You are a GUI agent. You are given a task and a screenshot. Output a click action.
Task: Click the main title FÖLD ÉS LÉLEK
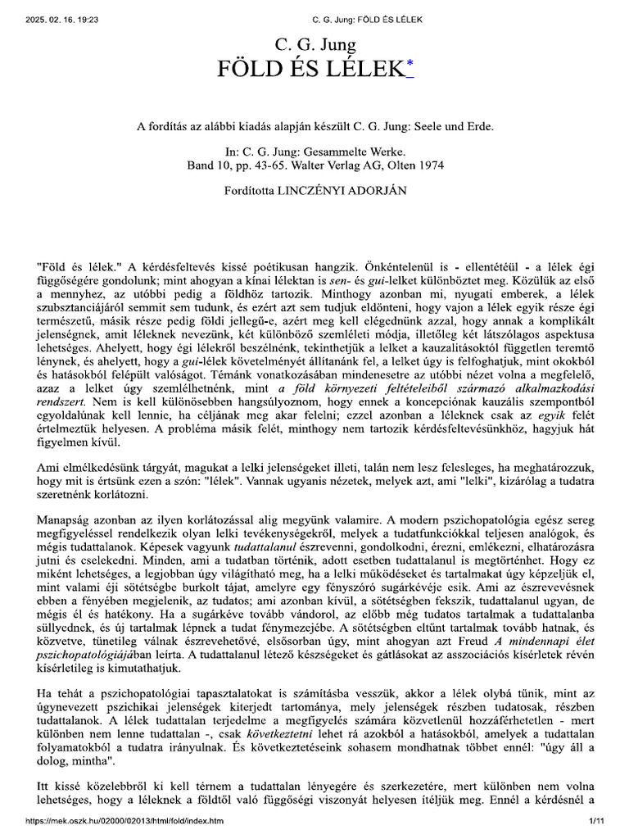[309, 67]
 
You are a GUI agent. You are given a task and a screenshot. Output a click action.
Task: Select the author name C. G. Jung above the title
[315, 40]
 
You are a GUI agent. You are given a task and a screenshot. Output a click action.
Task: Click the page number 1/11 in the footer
[595, 820]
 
